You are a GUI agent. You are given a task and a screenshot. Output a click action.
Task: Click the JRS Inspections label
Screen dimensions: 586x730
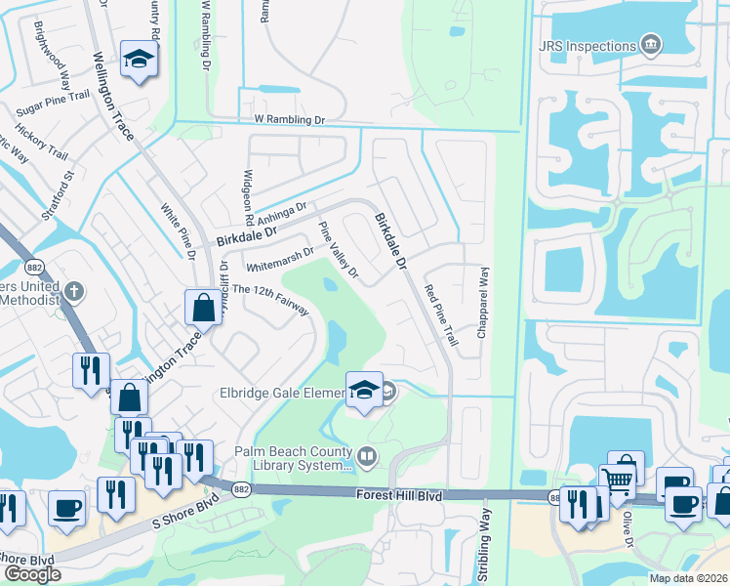(x=586, y=44)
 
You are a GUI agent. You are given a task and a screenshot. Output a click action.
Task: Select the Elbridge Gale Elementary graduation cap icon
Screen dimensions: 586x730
(x=364, y=390)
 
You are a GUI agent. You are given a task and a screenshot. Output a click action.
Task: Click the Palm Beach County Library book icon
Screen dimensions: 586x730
(x=367, y=454)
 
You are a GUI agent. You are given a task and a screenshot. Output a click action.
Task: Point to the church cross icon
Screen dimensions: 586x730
(x=75, y=291)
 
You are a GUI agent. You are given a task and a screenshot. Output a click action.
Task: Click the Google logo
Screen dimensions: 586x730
(x=32, y=574)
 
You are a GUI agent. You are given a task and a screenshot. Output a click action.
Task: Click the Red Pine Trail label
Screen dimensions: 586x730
(x=441, y=315)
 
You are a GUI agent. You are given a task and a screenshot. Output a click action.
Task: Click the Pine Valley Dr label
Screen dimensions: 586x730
(x=340, y=249)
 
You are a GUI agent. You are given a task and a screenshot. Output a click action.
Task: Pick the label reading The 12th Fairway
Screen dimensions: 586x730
(x=270, y=298)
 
